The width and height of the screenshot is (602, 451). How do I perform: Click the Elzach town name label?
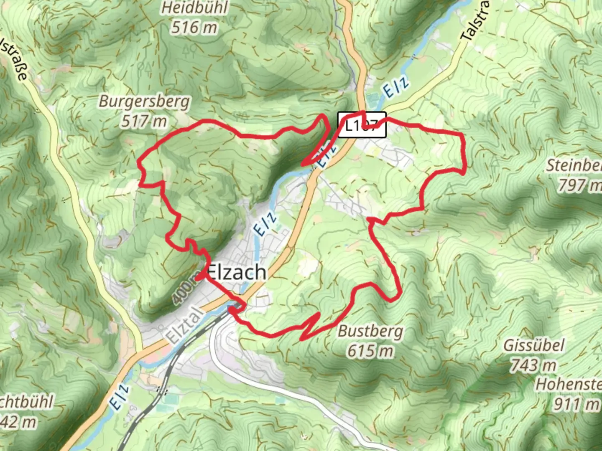[237, 273]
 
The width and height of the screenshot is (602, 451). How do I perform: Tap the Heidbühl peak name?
[195, 8]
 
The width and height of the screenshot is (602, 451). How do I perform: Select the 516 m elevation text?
[194, 28]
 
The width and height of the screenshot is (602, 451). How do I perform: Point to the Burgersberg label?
[144, 101]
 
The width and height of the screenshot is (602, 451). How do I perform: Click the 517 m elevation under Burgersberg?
[144, 122]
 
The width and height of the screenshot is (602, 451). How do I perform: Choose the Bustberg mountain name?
[370, 331]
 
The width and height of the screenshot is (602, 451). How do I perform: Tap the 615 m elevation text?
[370, 351]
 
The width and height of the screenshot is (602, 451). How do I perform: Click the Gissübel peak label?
[533, 345]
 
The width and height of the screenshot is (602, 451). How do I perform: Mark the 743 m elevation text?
[533, 366]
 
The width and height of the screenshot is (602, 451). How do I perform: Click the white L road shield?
[362, 125]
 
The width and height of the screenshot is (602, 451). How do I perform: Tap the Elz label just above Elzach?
[265, 224]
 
